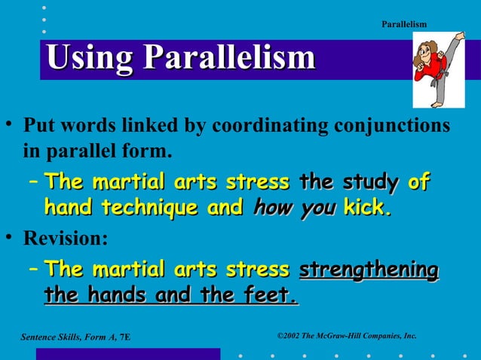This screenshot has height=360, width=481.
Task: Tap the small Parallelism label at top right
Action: tap(403, 25)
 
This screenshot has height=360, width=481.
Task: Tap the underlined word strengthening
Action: tap(369, 269)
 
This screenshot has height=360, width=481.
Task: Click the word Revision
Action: tap(66, 239)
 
